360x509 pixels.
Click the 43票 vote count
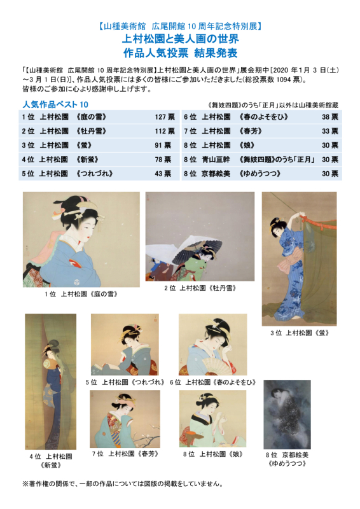point(162,173)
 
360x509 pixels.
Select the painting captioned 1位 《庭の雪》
point(81,239)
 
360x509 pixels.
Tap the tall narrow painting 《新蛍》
point(50,381)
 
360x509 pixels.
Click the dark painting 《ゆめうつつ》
point(287,414)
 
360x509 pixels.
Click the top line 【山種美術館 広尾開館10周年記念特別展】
point(180,27)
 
